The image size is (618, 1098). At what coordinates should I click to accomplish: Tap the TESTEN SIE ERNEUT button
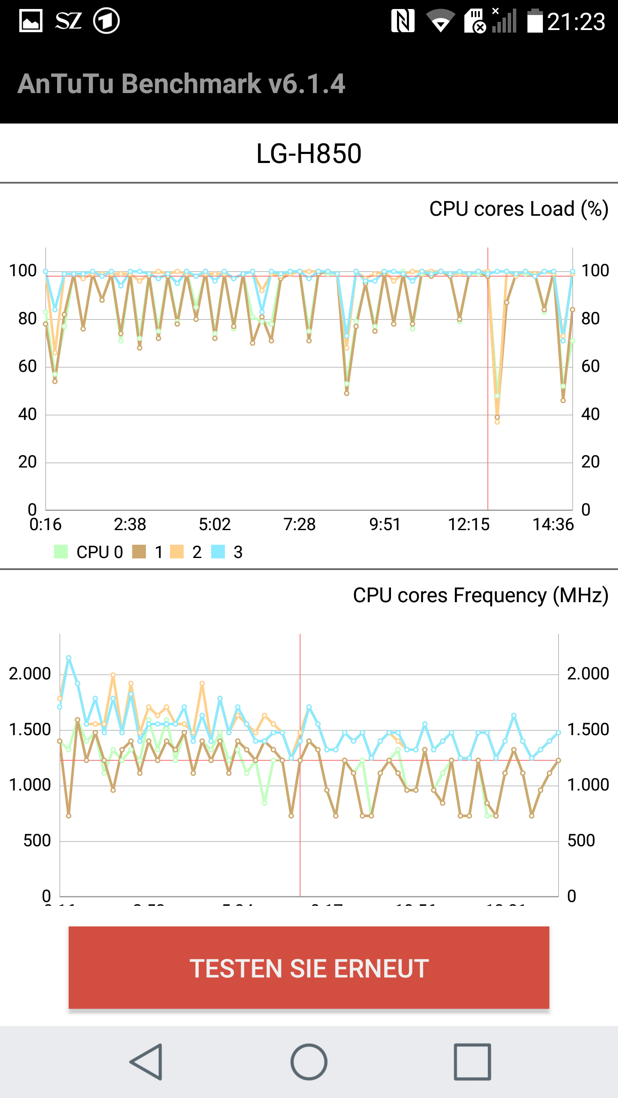click(x=309, y=968)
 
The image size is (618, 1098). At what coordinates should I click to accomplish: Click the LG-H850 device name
click(x=309, y=154)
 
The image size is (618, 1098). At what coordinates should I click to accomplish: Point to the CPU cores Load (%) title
click(x=518, y=209)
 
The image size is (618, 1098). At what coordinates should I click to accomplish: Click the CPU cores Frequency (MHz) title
click(x=480, y=596)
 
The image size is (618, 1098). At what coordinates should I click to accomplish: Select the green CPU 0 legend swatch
click(x=61, y=552)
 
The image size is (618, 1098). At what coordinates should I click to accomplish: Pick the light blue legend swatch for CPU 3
click(x=218, y=552)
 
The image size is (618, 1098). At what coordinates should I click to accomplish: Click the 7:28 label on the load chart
click(x=299, y=525)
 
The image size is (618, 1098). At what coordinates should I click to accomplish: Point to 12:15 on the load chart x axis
click(x=469, y=525)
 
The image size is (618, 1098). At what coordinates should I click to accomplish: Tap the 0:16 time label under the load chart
click(x=45, y=525)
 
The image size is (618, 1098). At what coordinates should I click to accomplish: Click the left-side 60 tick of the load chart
click(x=27, y=367)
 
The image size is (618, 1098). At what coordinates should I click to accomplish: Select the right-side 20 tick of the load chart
click(x=590, y=462)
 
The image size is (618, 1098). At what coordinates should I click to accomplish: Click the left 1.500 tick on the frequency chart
click(x=30, y=730)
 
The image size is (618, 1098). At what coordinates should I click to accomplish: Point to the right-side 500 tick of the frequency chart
click(x=581, y=841)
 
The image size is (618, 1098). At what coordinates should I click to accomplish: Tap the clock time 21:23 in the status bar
click(x=576, y=21)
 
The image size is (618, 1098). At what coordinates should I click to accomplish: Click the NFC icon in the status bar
click(x=403, y=21)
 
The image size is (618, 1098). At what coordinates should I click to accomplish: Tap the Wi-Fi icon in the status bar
click(x=440, y=21)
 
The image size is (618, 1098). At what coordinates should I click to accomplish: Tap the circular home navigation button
click(x=309, y=1062)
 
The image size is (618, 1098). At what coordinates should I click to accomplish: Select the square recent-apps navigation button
click(x=472, y=1062)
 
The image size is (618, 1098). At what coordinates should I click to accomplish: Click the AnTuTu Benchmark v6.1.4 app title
click(x=181, y=84)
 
